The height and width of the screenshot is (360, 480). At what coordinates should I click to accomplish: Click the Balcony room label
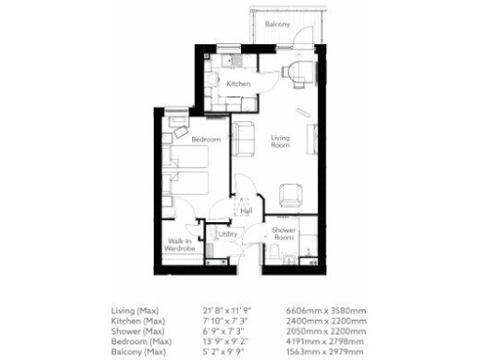(x=276, y=23)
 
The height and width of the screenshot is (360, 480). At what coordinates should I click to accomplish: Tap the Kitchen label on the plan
(x=239, y=84)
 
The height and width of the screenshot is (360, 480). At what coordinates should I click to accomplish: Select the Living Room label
(x=280, y=142)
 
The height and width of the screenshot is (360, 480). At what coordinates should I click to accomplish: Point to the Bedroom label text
(x=205, y=140)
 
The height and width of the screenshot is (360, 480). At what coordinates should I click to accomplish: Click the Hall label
(x=246, y=211)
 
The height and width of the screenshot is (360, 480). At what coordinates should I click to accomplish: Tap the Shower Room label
(x=284, y=233)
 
